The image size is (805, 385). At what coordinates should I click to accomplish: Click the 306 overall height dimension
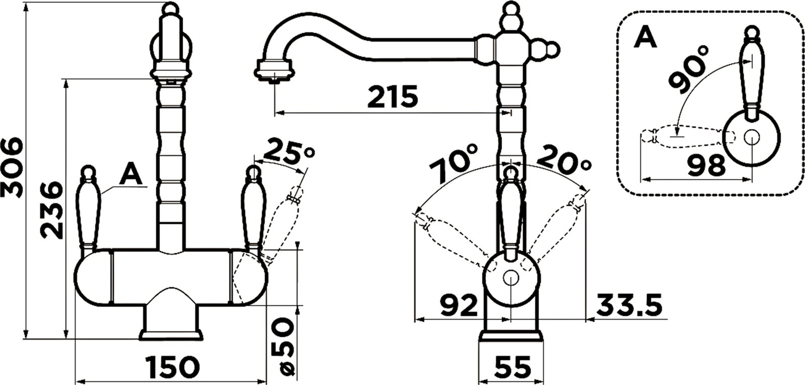coord(12,167)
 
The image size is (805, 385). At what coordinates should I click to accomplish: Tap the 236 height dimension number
coord(51,211)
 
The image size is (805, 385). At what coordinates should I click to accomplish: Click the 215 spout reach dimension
coord(393,97)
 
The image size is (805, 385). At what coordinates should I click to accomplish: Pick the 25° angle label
coord(289,150)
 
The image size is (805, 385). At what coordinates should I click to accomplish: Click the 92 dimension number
coord(459,305)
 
